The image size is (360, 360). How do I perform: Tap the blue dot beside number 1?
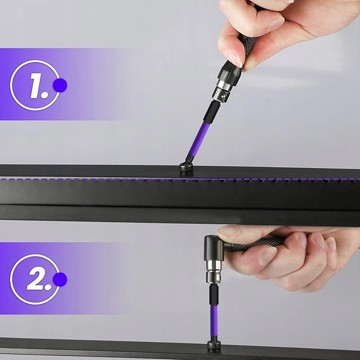click(x=60, y=85)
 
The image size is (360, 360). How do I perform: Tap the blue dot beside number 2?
click(x=60, y=279)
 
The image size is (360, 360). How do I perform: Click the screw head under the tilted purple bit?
click(x=186, y=168)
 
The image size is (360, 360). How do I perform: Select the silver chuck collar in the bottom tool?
click(x=213, y=272)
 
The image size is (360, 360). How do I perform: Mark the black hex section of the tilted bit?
click(x=212, y=112)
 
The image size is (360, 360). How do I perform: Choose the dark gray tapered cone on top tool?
click(x=230, y=72)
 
